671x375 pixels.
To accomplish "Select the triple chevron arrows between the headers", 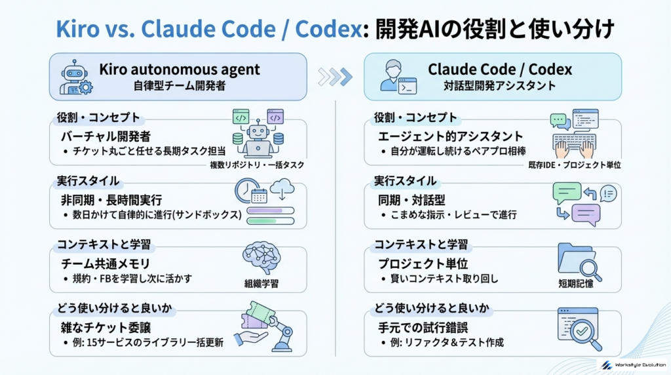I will [334, 77].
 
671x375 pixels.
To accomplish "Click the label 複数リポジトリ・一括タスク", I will [257, 165].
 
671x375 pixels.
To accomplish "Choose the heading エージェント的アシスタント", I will [450, 136].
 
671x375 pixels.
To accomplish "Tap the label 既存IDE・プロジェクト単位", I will [574, 165].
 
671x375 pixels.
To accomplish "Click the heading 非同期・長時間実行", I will [111, 200].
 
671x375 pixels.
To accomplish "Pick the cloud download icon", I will [282, 189].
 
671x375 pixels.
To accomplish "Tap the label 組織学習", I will [261, 284].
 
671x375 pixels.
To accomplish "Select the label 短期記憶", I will [577, 284].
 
